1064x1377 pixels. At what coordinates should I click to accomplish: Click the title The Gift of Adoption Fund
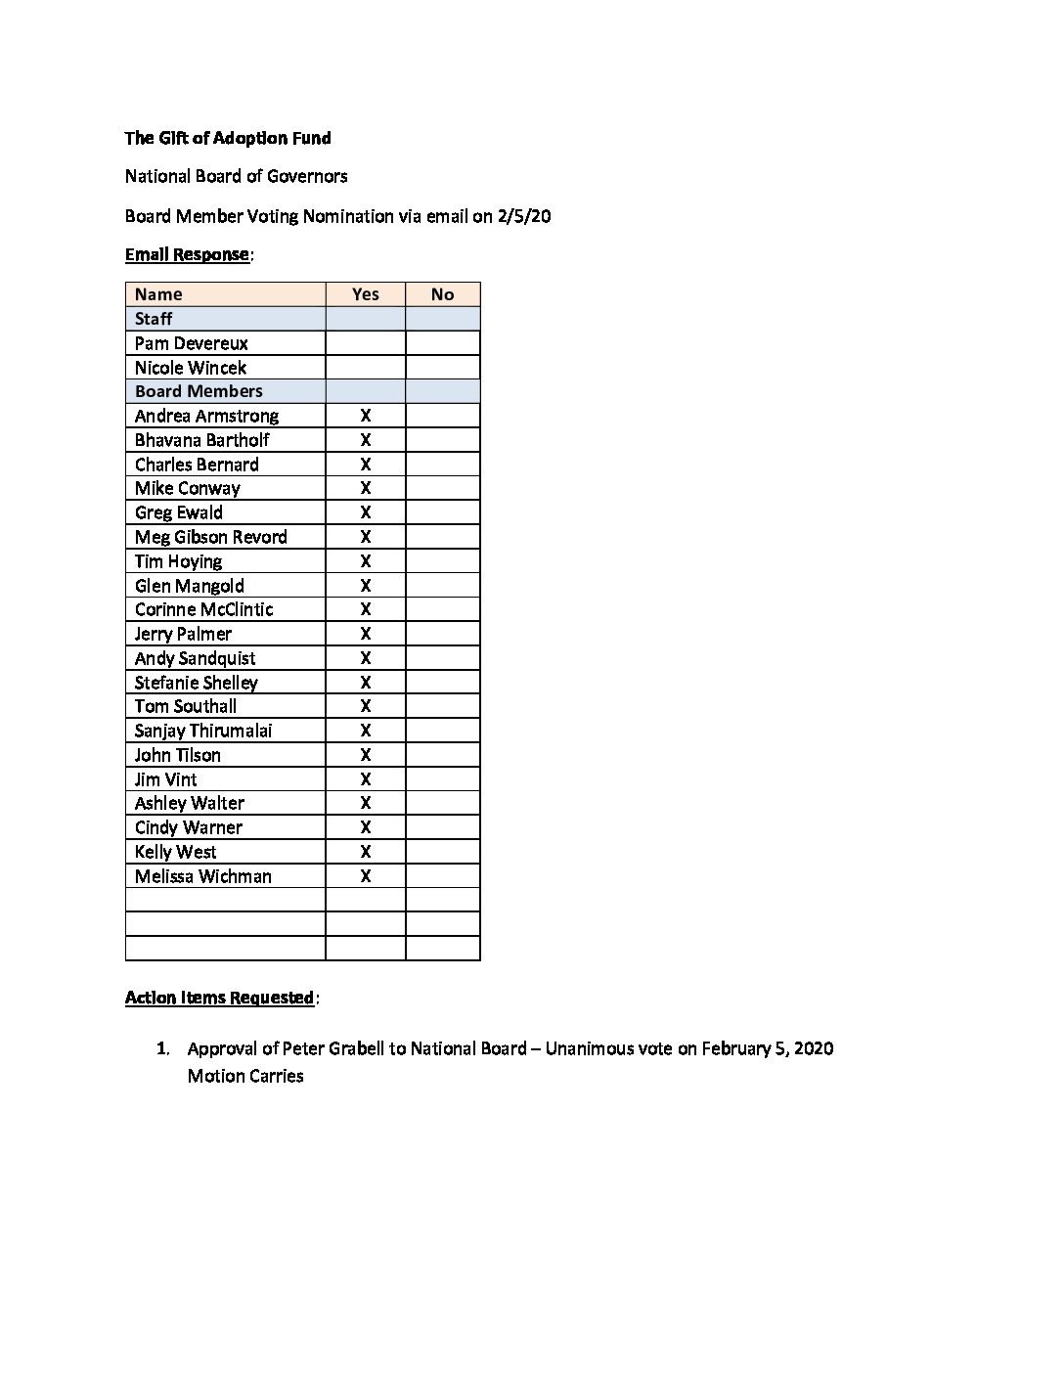(x=228, y=138)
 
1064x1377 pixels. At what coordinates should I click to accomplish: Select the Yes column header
(x=365, y=294)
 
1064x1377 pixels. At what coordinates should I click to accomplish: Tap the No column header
(x=442, y=294)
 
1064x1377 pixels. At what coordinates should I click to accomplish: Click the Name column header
(x=158, y=294)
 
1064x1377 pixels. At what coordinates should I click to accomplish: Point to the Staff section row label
(x=154, y=319)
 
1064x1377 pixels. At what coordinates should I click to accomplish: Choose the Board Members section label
(x=199, y=391)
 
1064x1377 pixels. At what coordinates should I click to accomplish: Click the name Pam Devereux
(x=192, y=343)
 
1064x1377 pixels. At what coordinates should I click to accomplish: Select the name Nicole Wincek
(x=191, y=368)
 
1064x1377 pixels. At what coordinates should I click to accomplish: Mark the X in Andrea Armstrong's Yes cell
(x=365, y=416)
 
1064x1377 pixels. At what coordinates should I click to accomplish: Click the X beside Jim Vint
(x=365, y=779)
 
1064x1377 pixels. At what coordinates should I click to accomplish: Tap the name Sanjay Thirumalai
(x=203, y=731)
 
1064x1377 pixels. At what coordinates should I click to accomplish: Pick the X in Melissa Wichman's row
(x=365, y=876)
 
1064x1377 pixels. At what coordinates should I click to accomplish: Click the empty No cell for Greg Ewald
(x=442, y=512)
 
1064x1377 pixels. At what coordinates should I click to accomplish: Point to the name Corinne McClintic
(x=204, y=609)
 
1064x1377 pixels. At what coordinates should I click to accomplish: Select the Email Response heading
(x=187, y=254)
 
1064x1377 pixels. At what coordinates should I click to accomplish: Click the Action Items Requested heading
(x=219, y=998)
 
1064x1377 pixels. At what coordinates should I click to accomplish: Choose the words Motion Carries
(x=245, y=1076)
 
